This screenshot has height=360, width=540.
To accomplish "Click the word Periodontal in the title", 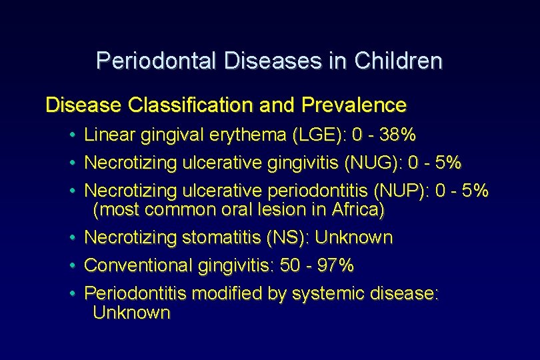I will tap(157, 61).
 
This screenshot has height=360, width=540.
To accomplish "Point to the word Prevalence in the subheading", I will tap(354, 105).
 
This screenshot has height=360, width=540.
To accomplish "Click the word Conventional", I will tap(139, 265).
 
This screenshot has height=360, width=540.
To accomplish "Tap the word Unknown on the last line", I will tap(131, 312).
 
